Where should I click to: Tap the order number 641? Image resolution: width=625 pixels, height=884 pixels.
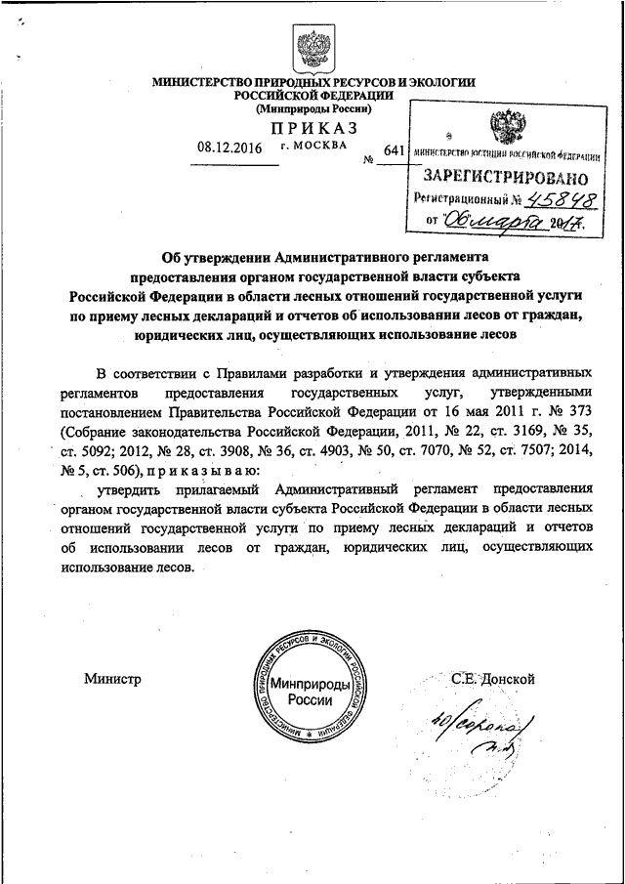[393, 150]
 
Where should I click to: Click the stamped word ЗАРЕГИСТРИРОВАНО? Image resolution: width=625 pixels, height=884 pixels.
[505, 178]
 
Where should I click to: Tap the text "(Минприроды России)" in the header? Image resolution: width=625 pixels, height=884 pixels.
[312, 110]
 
